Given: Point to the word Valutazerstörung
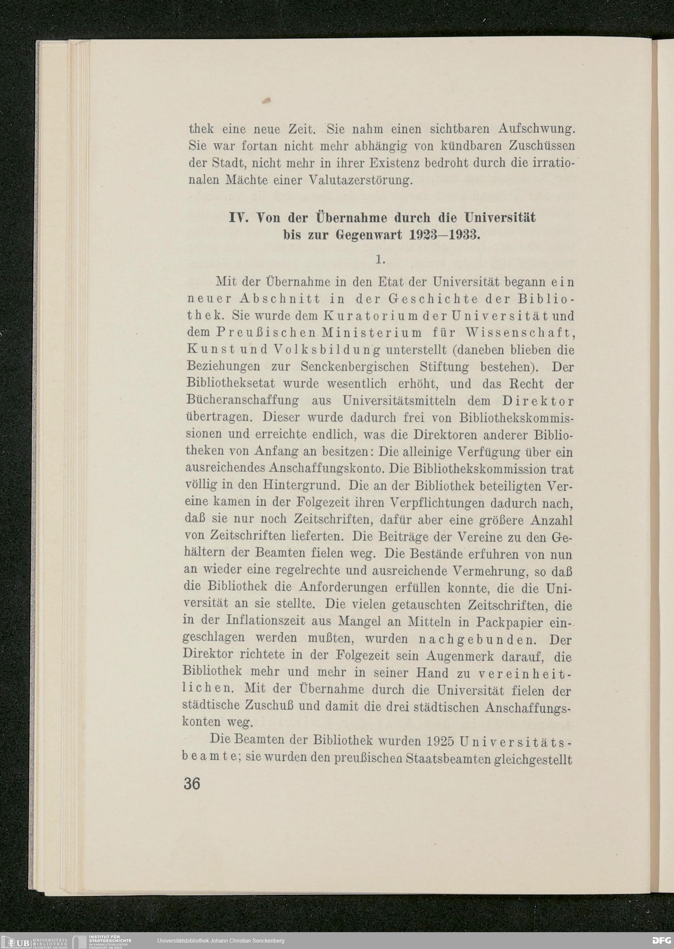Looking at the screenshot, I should (361, 181).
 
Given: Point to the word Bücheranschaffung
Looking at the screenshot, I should (243, 401).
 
